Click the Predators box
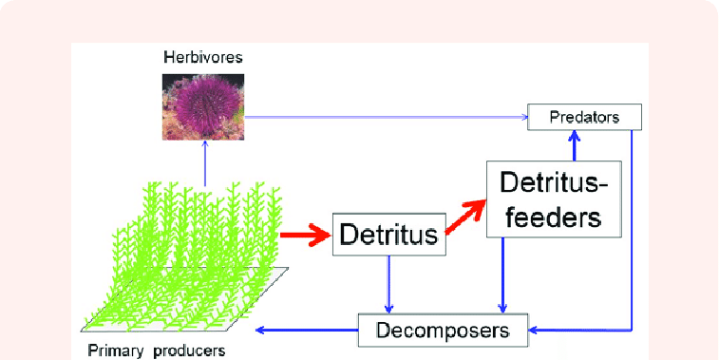click(x=585, y=118)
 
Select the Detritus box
click(x=389, y=233)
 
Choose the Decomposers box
click(x=443, y=331)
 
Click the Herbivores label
click(x=201, y=58)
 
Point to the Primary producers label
click(x=156, y=351)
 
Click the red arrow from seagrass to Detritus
click(x=307, y=234)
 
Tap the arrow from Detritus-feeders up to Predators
click(x=573, y=145)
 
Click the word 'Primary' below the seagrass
click(x=113, y=351)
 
